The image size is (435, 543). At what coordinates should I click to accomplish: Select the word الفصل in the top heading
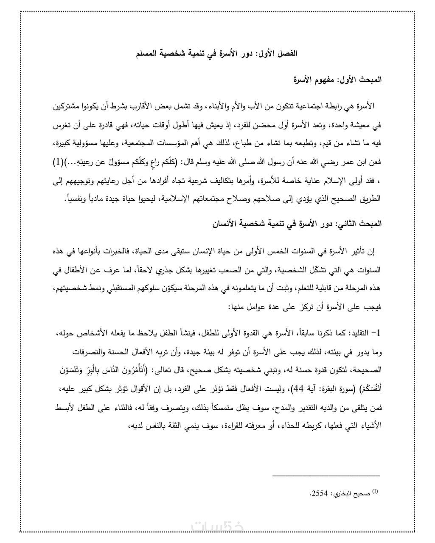coord(287,54)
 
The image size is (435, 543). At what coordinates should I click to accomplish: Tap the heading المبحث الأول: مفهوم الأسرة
coord(338,79)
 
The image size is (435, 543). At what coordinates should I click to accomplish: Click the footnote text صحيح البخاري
coord(352,494)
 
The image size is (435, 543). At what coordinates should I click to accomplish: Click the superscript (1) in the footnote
coord(375,491)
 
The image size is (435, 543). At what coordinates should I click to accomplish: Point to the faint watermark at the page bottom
coord(217,526)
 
